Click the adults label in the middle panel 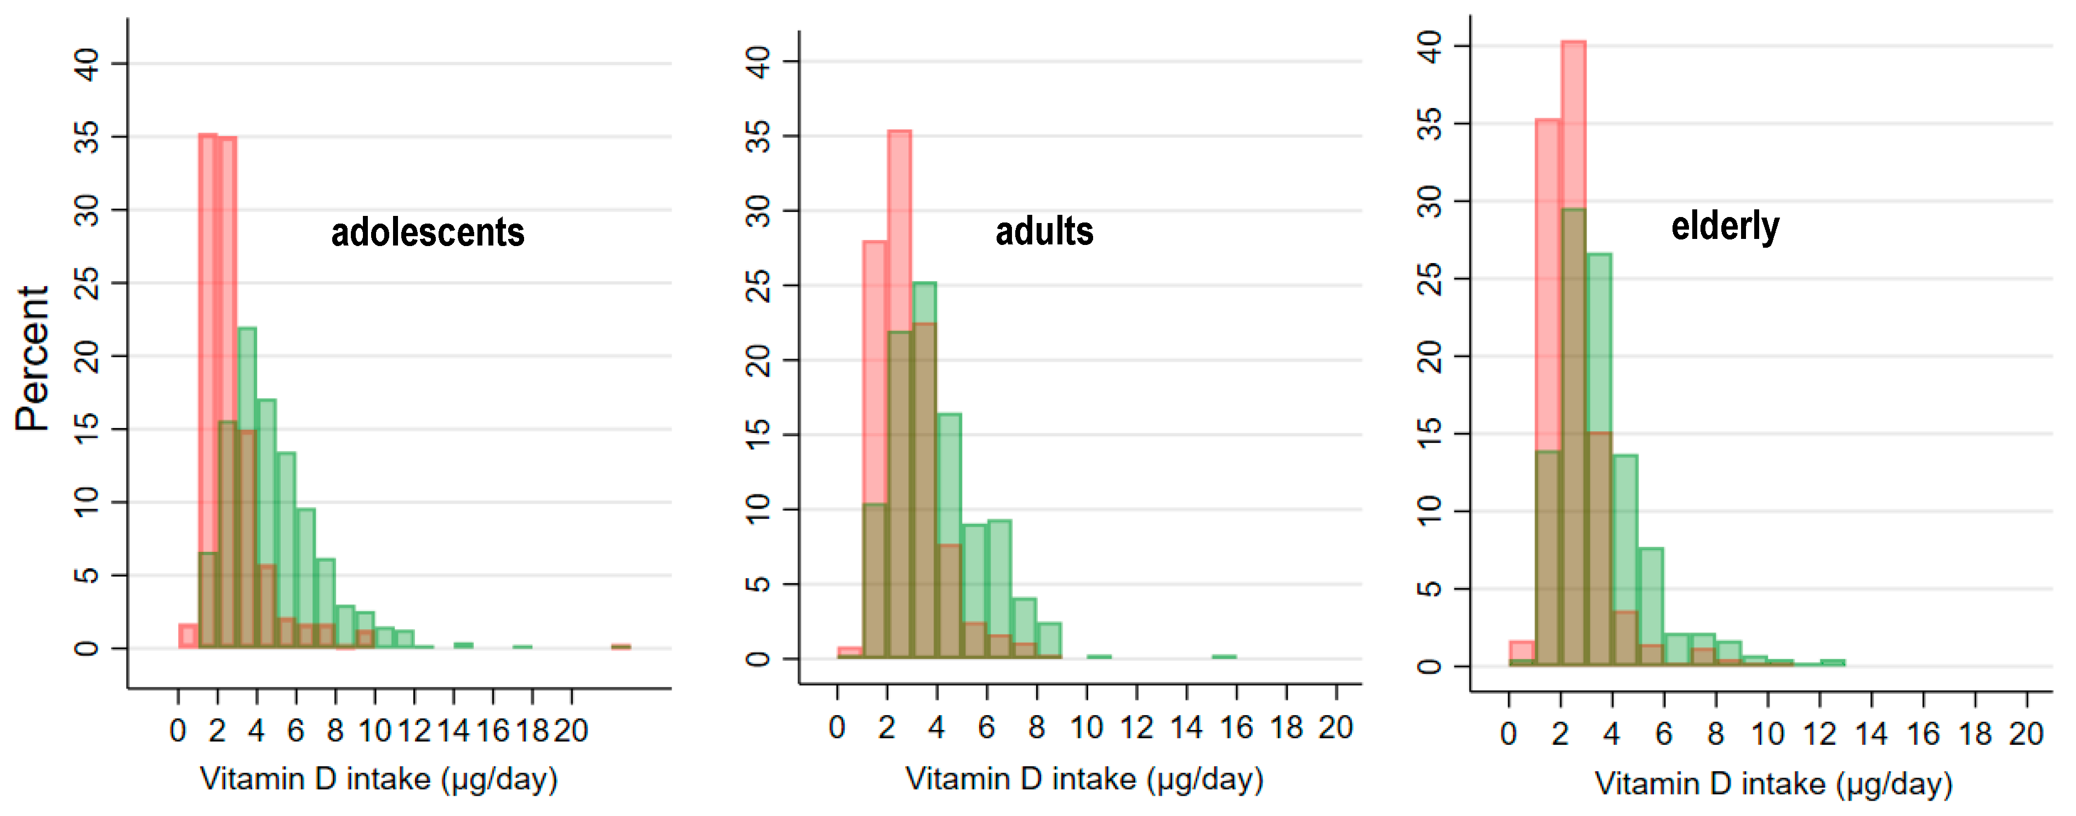point(1044,232)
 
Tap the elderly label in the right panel point(1725,226)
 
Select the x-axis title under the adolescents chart point(379,779)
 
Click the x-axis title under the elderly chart point(1773,784)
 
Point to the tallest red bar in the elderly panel point(1573,121)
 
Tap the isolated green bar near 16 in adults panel point(1224,657)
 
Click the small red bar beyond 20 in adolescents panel point(621,646)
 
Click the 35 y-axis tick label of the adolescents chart point(86,137)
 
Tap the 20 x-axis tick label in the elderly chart point(2025,734)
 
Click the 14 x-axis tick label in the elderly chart point(1870,734)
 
